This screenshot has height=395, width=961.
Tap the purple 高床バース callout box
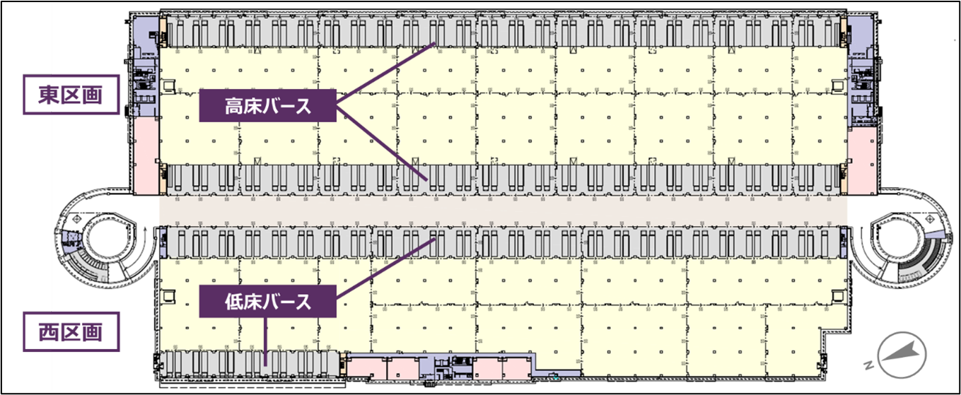pyautogui.click(x=267, y=107)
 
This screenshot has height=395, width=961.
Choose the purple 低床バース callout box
pyautogui.click(x=267, y=301)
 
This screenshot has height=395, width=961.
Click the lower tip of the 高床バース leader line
pyautogui.click(x=426, y=178)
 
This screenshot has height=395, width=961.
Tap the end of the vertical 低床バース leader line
pyautogui.click(x=265, y=365)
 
